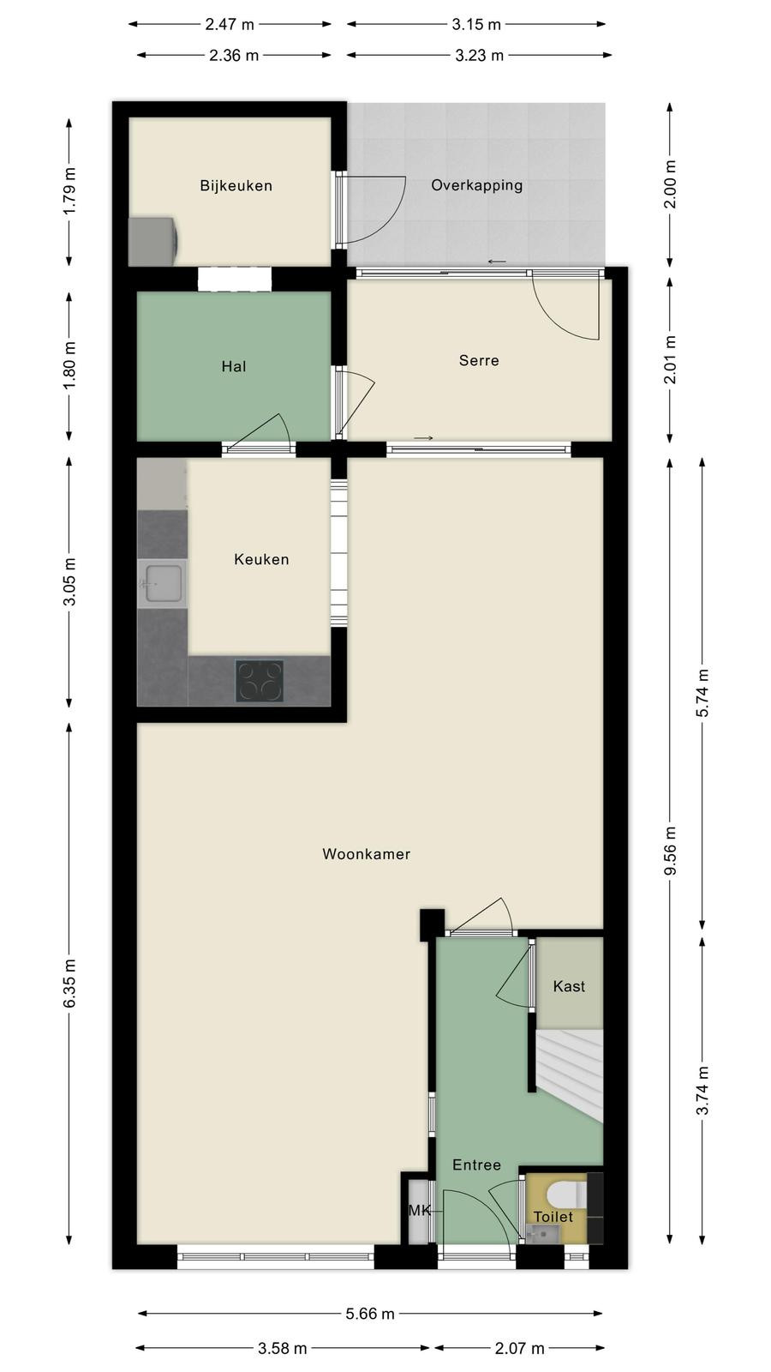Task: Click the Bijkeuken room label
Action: [236, 185]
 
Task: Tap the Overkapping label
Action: [476, 185]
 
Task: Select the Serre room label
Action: [479, 360]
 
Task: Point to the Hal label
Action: [234, 366]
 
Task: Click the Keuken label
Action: [261, 559]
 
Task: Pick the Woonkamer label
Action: [366, 854]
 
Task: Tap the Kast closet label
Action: [569, 986]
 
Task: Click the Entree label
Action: [476, 1164]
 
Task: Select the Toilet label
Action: [553, 1217]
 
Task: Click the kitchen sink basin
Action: [163, 583]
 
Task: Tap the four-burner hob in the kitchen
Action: [260, 681]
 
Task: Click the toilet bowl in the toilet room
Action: [566, 1194]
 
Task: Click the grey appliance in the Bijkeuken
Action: [153, 241]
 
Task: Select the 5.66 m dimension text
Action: [370, 1313]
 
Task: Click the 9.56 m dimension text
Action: [671, 851]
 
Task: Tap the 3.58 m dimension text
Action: [282, 1348]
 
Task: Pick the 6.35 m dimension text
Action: [69, 983]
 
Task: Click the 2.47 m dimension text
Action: [230, 25]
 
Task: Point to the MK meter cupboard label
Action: [420, 1210]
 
